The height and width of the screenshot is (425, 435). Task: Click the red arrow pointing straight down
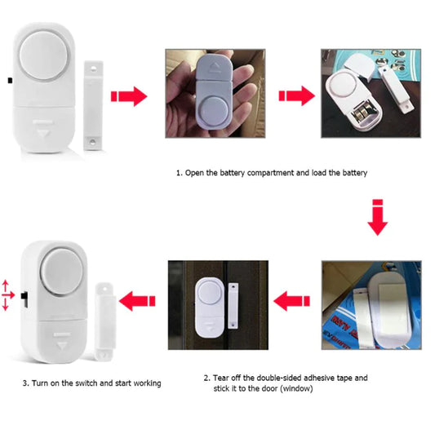point(376,215)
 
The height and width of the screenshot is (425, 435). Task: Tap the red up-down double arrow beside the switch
point(7,295)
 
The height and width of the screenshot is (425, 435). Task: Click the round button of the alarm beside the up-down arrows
point(58,275)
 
